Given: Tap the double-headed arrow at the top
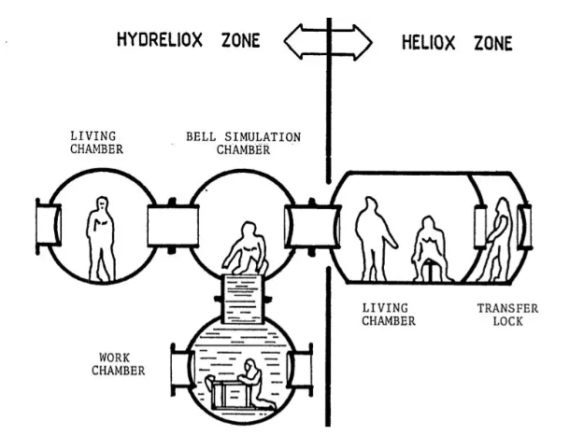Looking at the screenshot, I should coord(327,43).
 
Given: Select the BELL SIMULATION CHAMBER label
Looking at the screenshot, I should coord(244,143).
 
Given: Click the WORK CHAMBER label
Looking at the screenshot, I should coord(121,363).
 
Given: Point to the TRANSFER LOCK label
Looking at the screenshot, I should coord(507,315).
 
